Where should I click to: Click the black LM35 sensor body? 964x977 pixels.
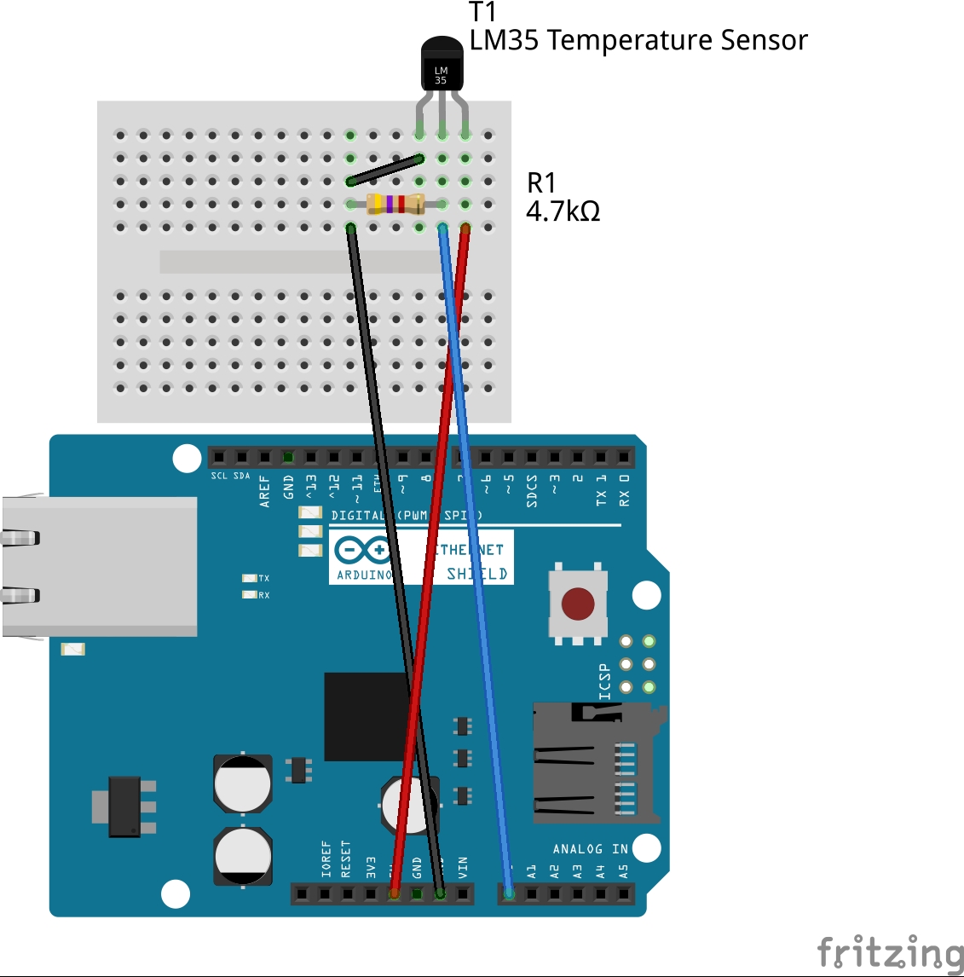442,66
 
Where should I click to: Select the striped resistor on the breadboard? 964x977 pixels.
395,204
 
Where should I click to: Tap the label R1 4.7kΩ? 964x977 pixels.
563,197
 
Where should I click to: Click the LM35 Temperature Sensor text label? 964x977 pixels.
638,40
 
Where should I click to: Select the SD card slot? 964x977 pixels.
594,762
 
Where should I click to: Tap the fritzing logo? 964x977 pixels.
889,952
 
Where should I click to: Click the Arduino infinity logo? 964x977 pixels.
362,551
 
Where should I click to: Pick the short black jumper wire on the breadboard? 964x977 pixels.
384,170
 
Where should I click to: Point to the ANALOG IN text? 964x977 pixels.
590,849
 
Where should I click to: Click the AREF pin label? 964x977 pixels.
264,492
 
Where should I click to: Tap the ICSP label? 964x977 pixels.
604,681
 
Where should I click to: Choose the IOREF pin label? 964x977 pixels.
326,860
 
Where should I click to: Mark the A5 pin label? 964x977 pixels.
623,872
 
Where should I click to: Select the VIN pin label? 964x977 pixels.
463,868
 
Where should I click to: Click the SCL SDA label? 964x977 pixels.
231,476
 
